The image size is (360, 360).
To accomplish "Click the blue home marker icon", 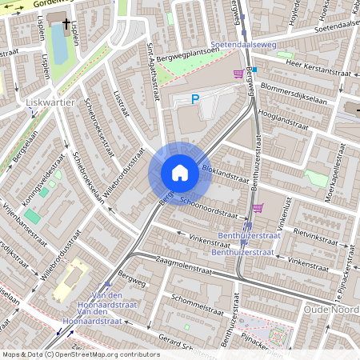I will [x=180, y=173].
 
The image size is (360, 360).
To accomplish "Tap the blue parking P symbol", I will [x=194, y=99].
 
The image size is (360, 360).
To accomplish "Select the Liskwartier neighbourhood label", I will [x=50, y=103].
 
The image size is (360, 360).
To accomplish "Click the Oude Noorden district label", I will [x=331, y=309].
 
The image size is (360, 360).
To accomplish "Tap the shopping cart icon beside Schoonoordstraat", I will [x=257, y=207].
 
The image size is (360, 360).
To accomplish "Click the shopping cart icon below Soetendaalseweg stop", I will [x=238, y=74].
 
